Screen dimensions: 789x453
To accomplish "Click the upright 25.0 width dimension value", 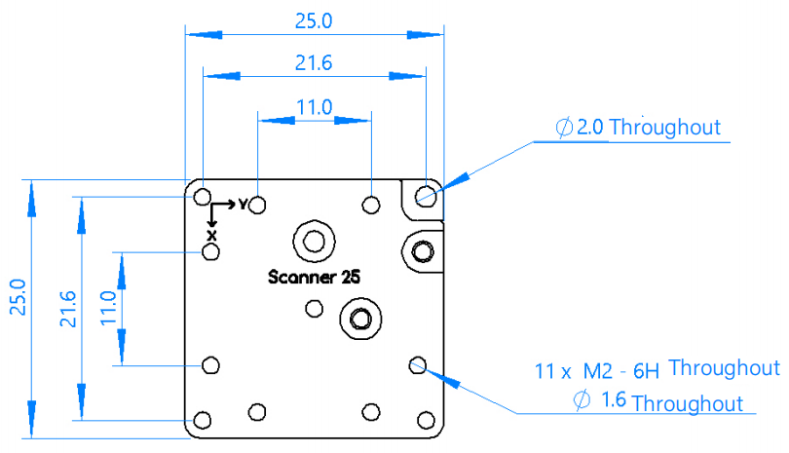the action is pos(314,21).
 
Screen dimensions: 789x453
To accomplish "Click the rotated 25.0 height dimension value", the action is pos(18,297).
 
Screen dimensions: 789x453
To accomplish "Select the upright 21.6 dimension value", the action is pos(314,63).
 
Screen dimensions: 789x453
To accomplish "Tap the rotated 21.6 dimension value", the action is pos(68,309).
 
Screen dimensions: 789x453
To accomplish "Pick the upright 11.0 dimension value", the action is pos(314,107).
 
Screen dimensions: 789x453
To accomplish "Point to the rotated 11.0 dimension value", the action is pos(108,308).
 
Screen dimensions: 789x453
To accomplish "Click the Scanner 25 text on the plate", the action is pos(314,277).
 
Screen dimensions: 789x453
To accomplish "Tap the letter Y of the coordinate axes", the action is pos(244,205).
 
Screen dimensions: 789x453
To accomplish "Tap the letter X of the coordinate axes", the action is pos(211,236).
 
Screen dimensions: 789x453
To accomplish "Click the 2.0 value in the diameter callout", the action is pos(589,127).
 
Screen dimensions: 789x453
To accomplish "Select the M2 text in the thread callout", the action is pos(598,371).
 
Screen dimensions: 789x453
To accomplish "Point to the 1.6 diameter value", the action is pos(614,399).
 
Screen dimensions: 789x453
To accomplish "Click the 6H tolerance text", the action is pos(646,371).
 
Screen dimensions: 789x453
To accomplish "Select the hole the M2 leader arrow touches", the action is pos(418,365).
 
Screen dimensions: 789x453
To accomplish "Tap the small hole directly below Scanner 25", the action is pos(315,309).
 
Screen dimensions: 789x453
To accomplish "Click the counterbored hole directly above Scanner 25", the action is pos(314,241).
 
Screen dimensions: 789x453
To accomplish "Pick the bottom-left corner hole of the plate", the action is pos(203,420).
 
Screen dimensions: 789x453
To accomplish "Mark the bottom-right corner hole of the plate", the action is pos(426,420).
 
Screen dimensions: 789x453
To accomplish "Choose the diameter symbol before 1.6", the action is pos(582,400).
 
